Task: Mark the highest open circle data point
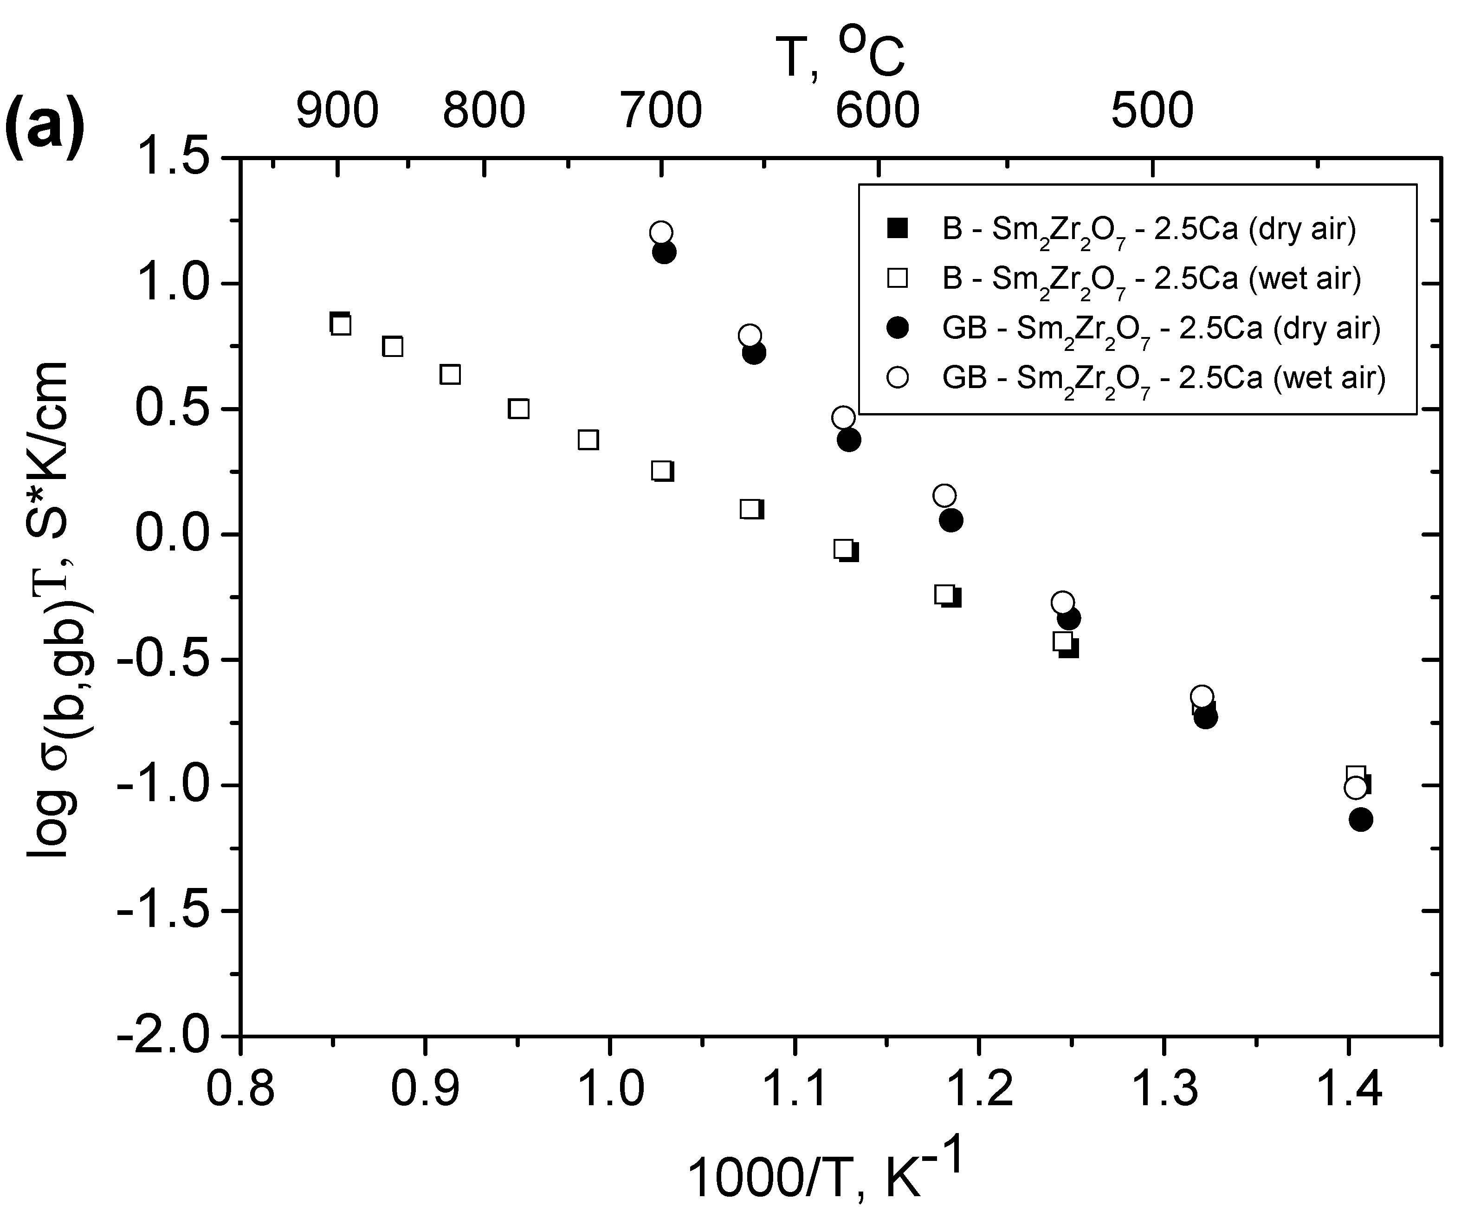[661, 233]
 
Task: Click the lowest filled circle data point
[1361, 819]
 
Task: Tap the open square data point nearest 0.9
[451, 375]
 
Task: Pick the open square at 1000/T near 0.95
[518, 409]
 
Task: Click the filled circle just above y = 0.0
[950, 520]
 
